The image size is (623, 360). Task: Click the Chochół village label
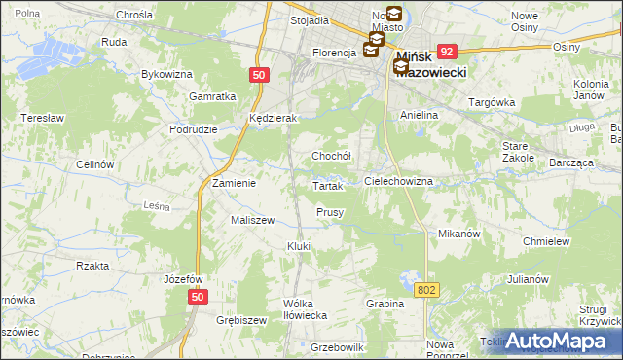tap(331, 155)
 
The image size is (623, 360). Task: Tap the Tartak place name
tap(327, 186)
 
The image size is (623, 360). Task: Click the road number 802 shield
tap(426, 289)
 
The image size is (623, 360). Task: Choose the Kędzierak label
tap(273, 117)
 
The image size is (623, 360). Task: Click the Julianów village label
tap(529, 279)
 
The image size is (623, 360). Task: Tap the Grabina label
tap(385, 304)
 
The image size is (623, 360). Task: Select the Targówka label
tap(491, 101)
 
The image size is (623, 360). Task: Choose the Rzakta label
tap(92, 265)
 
